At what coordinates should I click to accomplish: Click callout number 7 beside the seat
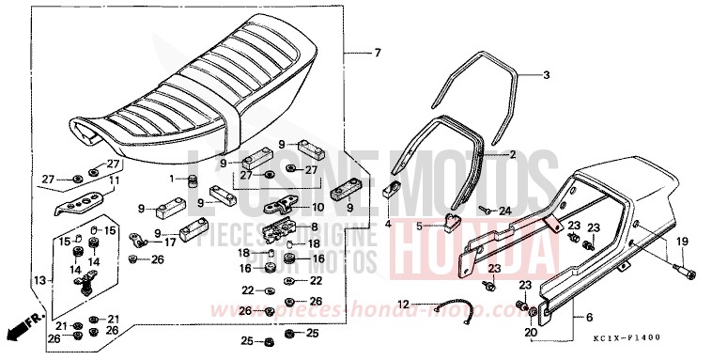[x=378, y=52]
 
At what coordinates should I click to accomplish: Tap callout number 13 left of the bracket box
[x=39, y=279]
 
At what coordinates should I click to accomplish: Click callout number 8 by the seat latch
[x=315, y=227]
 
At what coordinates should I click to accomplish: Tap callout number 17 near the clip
[x=170, y=242]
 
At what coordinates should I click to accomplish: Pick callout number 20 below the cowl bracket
[x=531, y=332]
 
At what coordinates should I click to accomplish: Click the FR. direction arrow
[x=21, y=326]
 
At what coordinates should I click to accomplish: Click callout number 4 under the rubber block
[x=388, y=225]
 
